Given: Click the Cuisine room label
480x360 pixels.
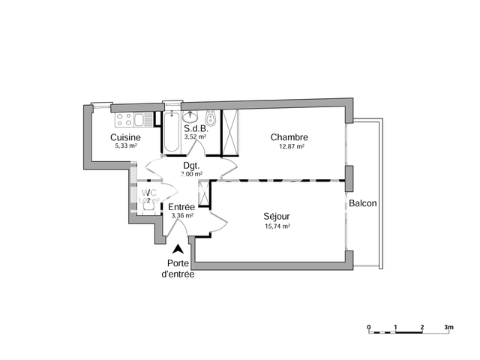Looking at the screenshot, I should click(x=124, y=137).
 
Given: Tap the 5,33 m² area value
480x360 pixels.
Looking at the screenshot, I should click(x=125, y=146).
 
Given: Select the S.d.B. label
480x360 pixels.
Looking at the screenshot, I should click(x=196, y=128).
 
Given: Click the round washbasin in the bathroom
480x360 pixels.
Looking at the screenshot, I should click(x=190, y=116).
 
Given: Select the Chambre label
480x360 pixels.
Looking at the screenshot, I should click(x=289, y=137).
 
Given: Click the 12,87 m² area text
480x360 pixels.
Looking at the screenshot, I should click(x=291, y=147).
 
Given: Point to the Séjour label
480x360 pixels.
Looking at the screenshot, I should click(x=277, y=216).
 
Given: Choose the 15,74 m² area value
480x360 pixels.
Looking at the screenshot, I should click(x=277, y=226).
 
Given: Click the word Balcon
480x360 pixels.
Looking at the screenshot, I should click(x=363, y=204).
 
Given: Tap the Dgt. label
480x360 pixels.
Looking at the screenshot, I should click(x=191, y=166).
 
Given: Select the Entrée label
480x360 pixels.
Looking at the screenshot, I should click(x=181, y=207).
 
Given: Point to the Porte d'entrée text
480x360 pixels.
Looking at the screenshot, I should click(x=178, y=268).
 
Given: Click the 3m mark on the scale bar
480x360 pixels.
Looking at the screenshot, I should click(x=448, y=328).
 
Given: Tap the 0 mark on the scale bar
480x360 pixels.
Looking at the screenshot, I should click(x=369, y=328).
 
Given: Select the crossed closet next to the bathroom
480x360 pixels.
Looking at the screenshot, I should click(x=230, y=132).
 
